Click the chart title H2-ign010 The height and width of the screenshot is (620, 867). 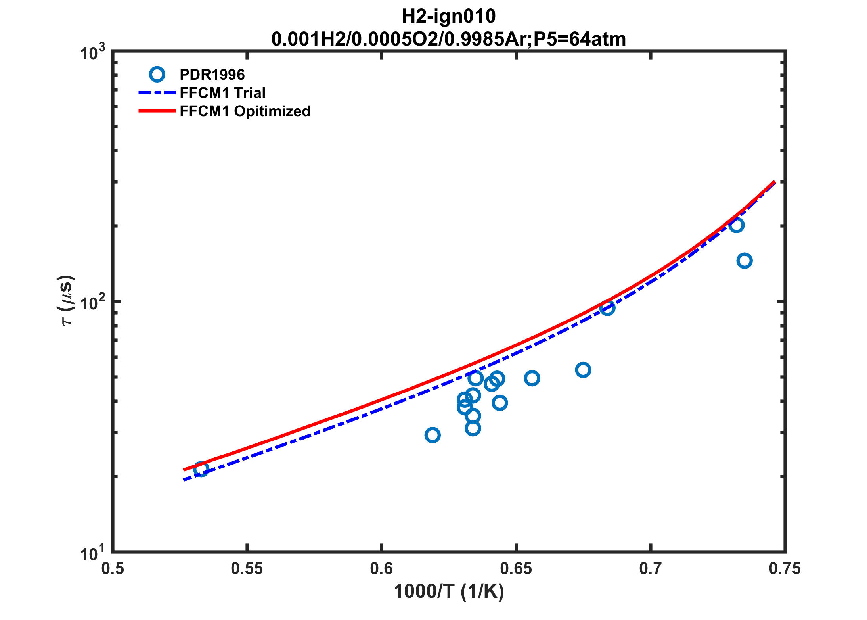(x=448, y=17)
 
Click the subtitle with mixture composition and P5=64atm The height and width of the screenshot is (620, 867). (x=448, y=39)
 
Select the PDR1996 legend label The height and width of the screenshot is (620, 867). (x=212, y=75)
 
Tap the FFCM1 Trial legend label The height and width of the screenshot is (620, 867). (x=222, y=93)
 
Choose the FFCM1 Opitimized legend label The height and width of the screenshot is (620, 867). (x=245, y=111)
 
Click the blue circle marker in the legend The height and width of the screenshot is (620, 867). (x=157, y=74)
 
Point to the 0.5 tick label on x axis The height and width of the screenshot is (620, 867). (x=113, y=569)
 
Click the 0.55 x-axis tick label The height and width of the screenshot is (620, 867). (x=247, y=569)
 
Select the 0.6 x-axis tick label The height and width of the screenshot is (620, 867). (x=381, y=569)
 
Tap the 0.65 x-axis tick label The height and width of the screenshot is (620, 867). (x=516, y=569)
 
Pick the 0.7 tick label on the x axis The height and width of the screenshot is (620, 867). (x=651, y=569)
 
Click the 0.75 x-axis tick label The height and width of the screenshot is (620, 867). (x=785, y=569)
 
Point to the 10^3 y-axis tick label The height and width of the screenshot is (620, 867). (x=93, y=53)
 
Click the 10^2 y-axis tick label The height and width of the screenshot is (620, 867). (x=93, y=303)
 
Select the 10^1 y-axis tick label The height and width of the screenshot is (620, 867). (x=93, y=554)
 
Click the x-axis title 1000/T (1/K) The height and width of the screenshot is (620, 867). (x=448, y=592)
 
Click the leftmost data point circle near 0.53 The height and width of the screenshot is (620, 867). (x=201, y=469)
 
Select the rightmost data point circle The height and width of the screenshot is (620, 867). (x=745, y=261)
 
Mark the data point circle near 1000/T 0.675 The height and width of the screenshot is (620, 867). (x=583, y=370)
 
